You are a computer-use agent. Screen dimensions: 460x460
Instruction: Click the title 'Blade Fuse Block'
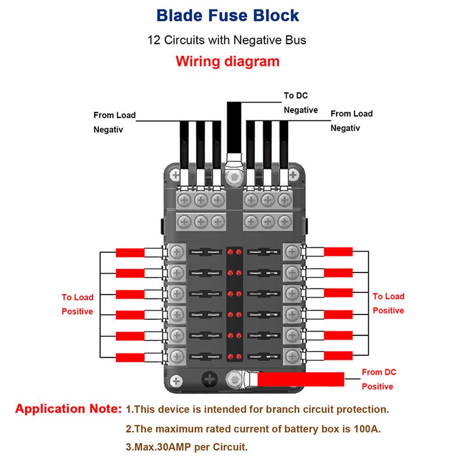[228, 15]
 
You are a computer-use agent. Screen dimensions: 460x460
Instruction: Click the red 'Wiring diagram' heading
[228, 61]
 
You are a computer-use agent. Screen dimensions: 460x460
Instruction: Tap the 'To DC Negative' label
[300, 103]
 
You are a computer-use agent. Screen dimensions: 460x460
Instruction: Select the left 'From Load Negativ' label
[115, 122]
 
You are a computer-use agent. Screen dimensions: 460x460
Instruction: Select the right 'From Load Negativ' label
[351, 121]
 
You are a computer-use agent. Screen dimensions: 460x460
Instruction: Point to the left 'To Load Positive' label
[77, 305]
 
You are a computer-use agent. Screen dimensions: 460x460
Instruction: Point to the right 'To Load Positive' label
[388, 303]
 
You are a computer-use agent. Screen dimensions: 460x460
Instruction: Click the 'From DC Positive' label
[379, 379]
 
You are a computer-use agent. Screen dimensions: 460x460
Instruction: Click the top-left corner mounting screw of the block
[174, 175]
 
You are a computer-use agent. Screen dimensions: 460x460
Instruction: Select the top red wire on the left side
[131, 253]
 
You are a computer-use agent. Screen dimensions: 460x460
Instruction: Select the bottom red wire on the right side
[339, 356]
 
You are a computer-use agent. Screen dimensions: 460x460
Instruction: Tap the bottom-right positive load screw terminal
[291, 355]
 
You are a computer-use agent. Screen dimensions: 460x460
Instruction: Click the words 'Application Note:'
[68, 408]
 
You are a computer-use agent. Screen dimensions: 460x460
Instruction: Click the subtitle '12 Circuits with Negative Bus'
[226, 40]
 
